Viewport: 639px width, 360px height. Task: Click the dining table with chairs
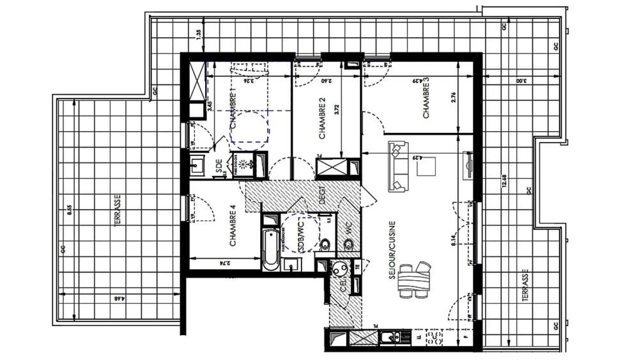point(414,279)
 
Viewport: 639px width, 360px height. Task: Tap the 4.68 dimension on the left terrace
point(119,298)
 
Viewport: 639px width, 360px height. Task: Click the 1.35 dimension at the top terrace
point(199,35)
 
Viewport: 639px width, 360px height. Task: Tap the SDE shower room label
point(219,167)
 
